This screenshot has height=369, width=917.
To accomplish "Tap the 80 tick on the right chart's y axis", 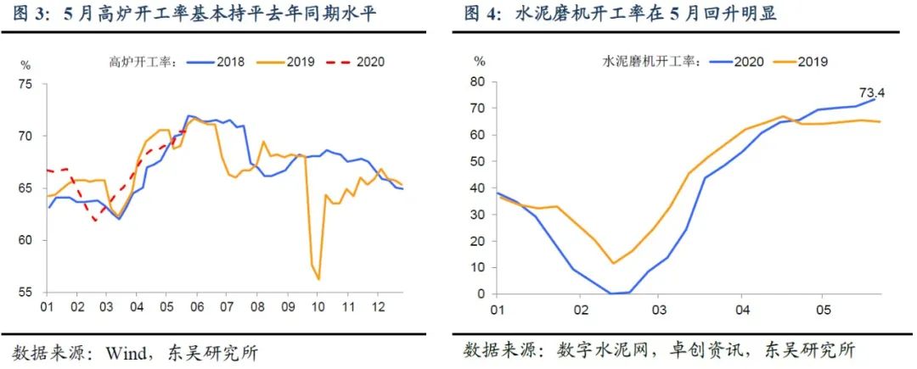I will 479,81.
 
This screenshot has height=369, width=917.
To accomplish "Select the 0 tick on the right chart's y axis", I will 482,294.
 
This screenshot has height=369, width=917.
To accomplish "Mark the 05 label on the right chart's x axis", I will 821,310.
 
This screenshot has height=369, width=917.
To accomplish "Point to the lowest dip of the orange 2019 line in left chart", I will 318,279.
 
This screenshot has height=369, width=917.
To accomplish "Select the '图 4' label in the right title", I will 482,14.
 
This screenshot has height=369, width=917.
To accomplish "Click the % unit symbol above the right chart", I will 480,61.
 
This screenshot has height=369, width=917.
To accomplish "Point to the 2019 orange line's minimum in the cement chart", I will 613,263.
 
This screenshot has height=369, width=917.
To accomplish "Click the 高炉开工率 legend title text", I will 141,61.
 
